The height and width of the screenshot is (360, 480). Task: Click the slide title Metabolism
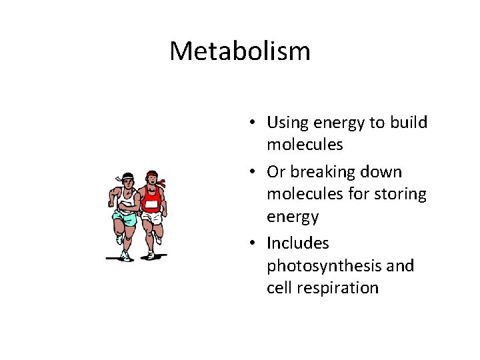240,51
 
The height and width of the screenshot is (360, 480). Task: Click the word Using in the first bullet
285,123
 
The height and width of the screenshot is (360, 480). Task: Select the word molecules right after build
305,145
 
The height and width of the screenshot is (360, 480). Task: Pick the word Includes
298,243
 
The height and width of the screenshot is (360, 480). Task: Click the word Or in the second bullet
275,172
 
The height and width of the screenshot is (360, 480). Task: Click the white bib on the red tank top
151,204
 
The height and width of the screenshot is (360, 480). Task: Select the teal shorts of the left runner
125,216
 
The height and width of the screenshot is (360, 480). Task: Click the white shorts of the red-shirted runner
152,218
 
